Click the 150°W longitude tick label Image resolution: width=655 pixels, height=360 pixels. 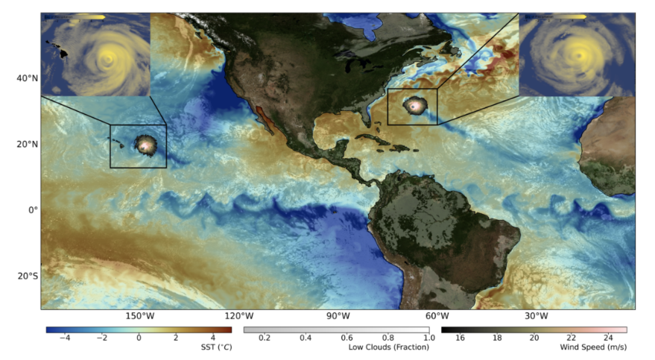139,316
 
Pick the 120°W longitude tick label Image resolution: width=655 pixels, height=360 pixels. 238,316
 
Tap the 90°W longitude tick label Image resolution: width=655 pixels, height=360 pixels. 338,316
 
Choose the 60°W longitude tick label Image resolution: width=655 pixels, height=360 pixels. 437,316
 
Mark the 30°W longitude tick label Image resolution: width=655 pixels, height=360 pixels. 536,316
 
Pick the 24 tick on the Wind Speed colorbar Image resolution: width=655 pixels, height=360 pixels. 607,338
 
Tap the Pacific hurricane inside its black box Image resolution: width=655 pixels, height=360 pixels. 145,145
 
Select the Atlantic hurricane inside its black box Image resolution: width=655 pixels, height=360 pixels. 414,106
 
